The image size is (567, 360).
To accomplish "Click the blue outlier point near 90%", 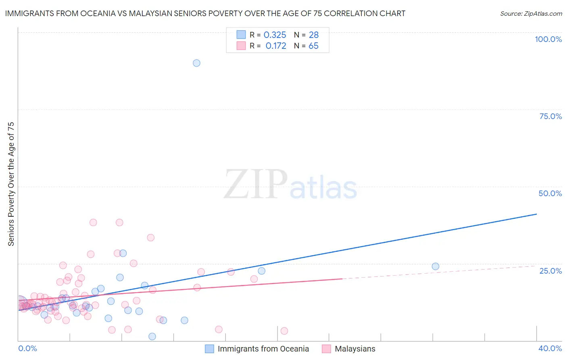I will pos(196,63).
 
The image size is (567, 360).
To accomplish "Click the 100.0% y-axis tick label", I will pos(548,39).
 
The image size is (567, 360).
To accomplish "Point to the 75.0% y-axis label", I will pos(550,116).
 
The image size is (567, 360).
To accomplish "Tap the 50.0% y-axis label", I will pos(550,193).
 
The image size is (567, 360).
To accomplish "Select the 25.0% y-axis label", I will pos(550,271).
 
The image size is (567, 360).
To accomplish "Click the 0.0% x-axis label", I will pos(27,348).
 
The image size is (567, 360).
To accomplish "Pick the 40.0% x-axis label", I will pos(550,348).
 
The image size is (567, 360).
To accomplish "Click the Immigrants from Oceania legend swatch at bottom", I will pos(209,349).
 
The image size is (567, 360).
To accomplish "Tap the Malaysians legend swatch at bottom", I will pos(326,349).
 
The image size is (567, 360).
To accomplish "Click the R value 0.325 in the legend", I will pos(275,35).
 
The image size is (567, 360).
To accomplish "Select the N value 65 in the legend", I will pos(313,46).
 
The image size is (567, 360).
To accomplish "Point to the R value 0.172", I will pos(276,46).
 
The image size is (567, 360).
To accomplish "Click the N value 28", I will pos(313,35).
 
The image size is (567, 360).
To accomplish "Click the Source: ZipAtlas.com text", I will pos(531,13).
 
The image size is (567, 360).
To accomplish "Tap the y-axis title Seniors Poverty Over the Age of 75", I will pos(11,184).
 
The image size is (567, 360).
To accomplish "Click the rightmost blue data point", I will pos(435,266).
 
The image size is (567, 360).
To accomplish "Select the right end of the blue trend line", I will pos(536,214).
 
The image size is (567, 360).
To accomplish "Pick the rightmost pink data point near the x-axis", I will pos(284,331).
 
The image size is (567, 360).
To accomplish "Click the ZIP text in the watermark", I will pos(256,184).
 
